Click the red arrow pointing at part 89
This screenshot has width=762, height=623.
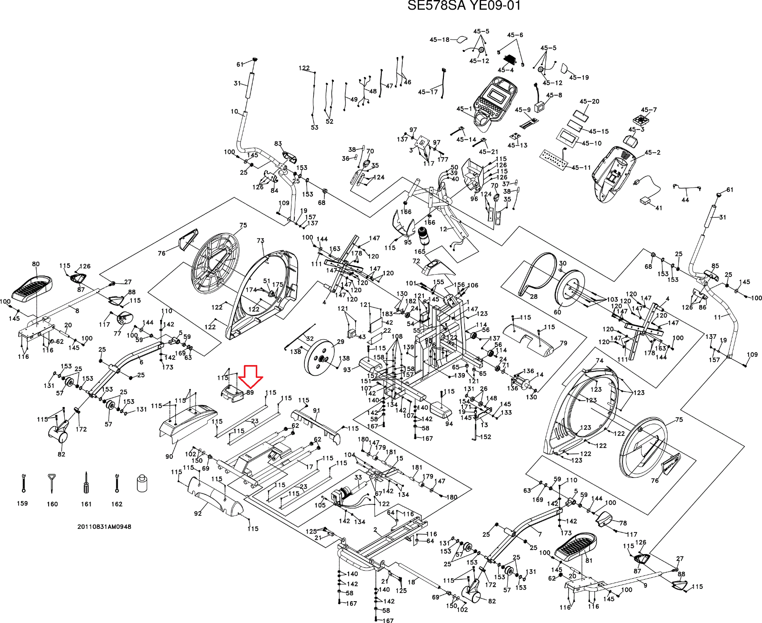(251, 376)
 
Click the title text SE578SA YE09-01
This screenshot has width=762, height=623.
(464, 6)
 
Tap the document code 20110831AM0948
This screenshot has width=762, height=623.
(104, 526)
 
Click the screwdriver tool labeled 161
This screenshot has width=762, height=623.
(86, 484)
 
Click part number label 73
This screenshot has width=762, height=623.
(260, 241)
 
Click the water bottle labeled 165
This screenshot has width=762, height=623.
(422, 236)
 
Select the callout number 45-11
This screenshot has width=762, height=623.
(581, 168)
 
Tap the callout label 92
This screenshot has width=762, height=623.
(198, 513)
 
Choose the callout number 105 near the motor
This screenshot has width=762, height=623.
(320, 505)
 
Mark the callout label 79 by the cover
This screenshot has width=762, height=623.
(563, 343)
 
